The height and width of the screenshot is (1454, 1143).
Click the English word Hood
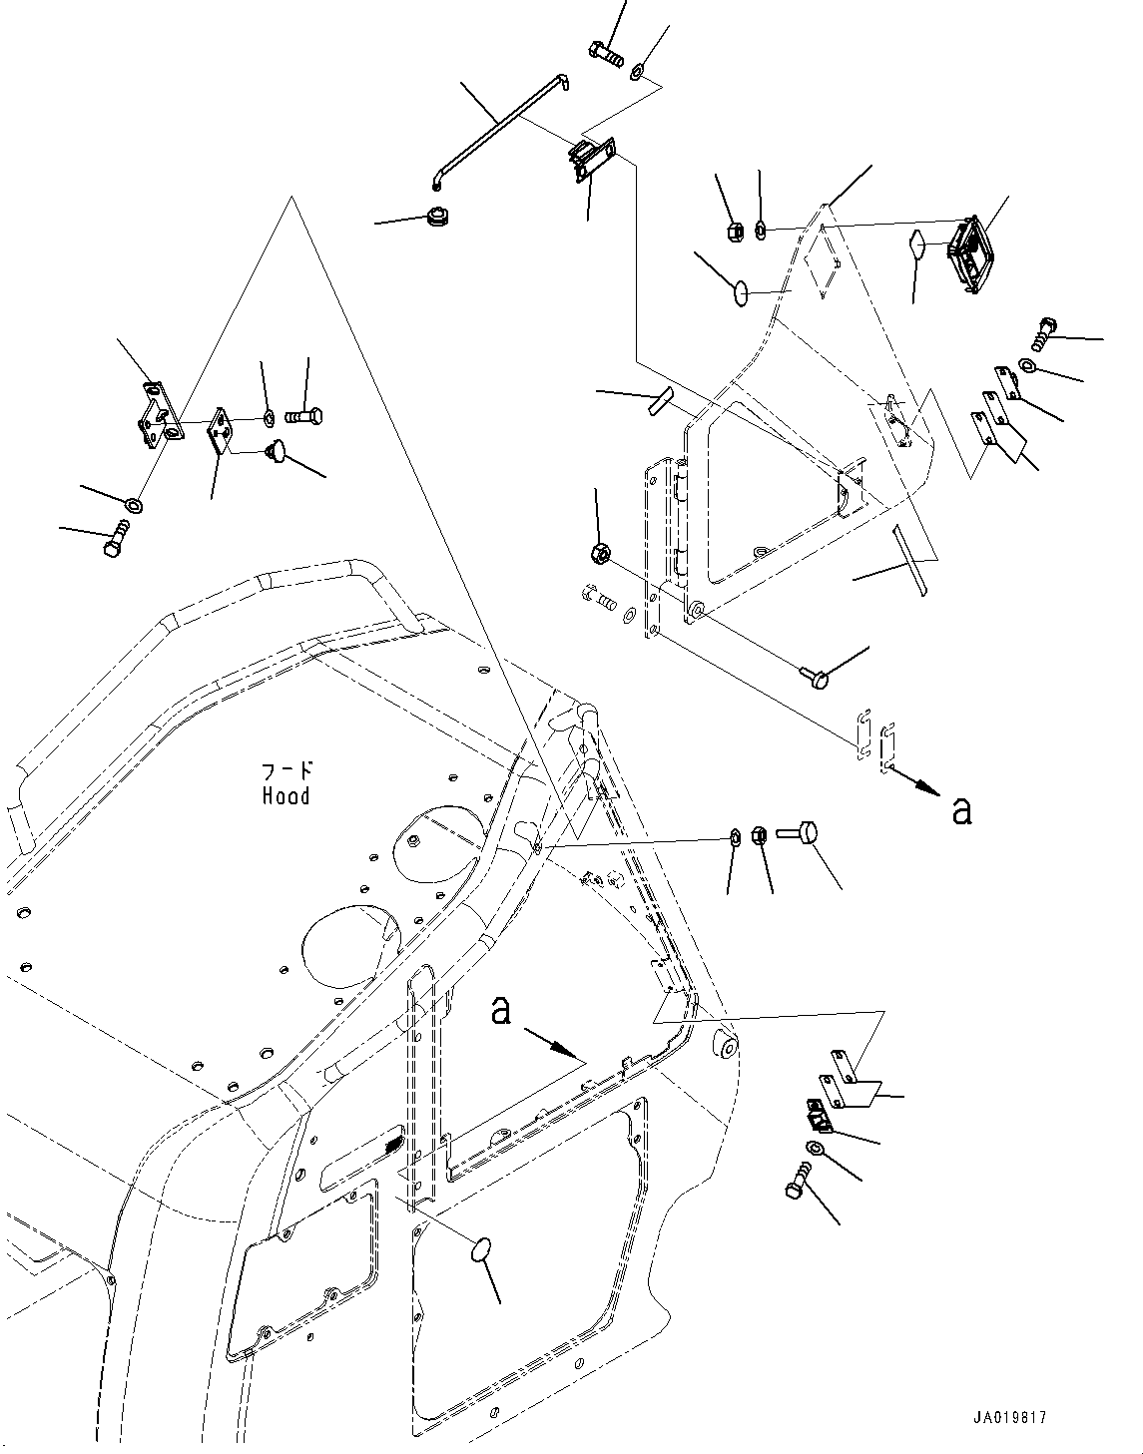tap(286, 796)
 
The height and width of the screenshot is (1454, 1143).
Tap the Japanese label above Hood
tap(286, 770)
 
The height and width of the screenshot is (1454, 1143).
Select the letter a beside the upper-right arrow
tap(961, 811)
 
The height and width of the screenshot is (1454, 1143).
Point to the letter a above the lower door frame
tap(501, 1011)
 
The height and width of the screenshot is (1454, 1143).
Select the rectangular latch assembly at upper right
tap(968, 253)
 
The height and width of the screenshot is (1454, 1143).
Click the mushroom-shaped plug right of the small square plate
tap(277, 454)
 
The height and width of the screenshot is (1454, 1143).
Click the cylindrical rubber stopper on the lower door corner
tap(726, 1045)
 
